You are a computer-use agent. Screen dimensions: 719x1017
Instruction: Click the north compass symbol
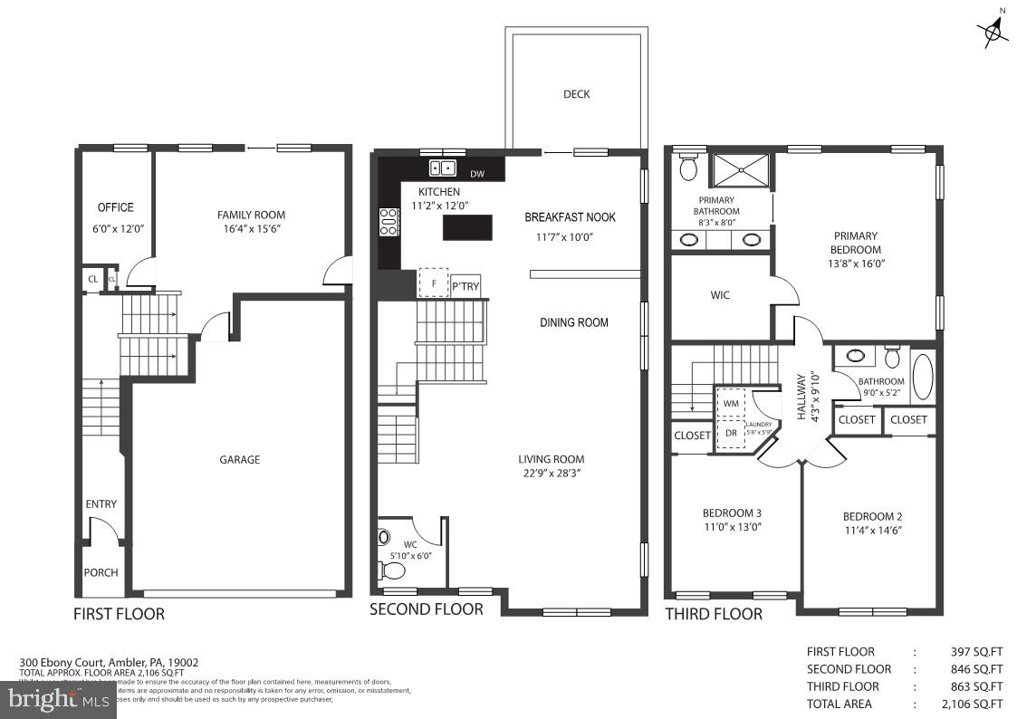pyautogui.click(x=993, y=31)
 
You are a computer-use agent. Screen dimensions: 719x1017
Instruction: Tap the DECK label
pyautogui.click(x=576, y=94)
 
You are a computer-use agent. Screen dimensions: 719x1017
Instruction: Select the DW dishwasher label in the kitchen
pyautogui.click(x=477, y=173)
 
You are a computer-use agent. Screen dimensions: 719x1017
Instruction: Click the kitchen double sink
pyautogui.click(x=443, y=168)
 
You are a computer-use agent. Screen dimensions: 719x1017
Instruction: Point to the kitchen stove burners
pyautogui.click(x=388, y=222)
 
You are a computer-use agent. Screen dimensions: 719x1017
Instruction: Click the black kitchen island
pyautogui.click(x=467, y=226)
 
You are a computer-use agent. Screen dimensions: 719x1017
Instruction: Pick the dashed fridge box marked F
pyautogui.click(x=434, y=283)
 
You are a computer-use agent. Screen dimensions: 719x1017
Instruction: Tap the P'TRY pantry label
pyautogui.click(x=465, y=287)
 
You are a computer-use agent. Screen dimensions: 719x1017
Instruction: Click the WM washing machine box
pyautogui.click(x=731, y=402)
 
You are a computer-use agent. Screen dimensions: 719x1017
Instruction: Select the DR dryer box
pyautogui.click(x=731, y=433)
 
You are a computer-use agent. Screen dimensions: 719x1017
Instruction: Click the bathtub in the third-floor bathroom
pyautogui.click(x=923, y=377)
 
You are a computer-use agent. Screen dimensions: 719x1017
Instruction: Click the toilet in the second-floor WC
pyautogui.click(x=393, y=570)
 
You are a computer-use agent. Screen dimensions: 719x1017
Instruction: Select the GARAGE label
pyautogui.click(x=239, y=459)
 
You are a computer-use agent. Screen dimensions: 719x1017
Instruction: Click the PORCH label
pyautogui.click(x=101, y=572)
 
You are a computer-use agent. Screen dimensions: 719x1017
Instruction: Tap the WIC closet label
pyautogui.click(x=720, y=295)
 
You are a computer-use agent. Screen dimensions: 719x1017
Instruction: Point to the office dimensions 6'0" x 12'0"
pyautogui.click(x=115, y=229)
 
